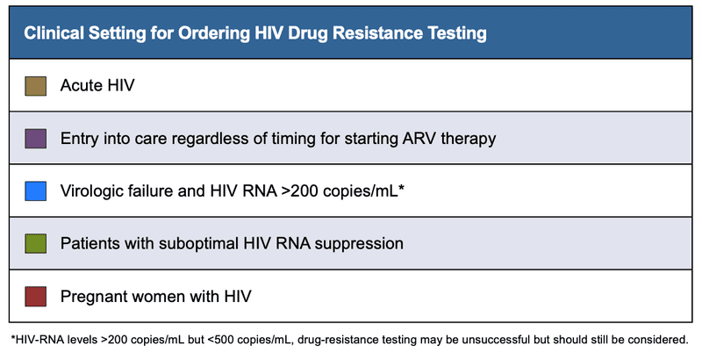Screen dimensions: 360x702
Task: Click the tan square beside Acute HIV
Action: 35,85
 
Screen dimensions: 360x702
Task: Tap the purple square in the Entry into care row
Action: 35,138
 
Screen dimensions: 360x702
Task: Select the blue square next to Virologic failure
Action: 35,191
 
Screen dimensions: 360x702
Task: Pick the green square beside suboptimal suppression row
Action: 35,243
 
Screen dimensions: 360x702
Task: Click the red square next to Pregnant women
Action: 35,296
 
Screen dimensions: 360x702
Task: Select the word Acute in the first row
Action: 81,85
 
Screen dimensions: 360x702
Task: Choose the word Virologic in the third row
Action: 94,191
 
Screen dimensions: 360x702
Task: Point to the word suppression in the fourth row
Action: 363,243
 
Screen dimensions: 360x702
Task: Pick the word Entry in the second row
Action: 80,138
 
